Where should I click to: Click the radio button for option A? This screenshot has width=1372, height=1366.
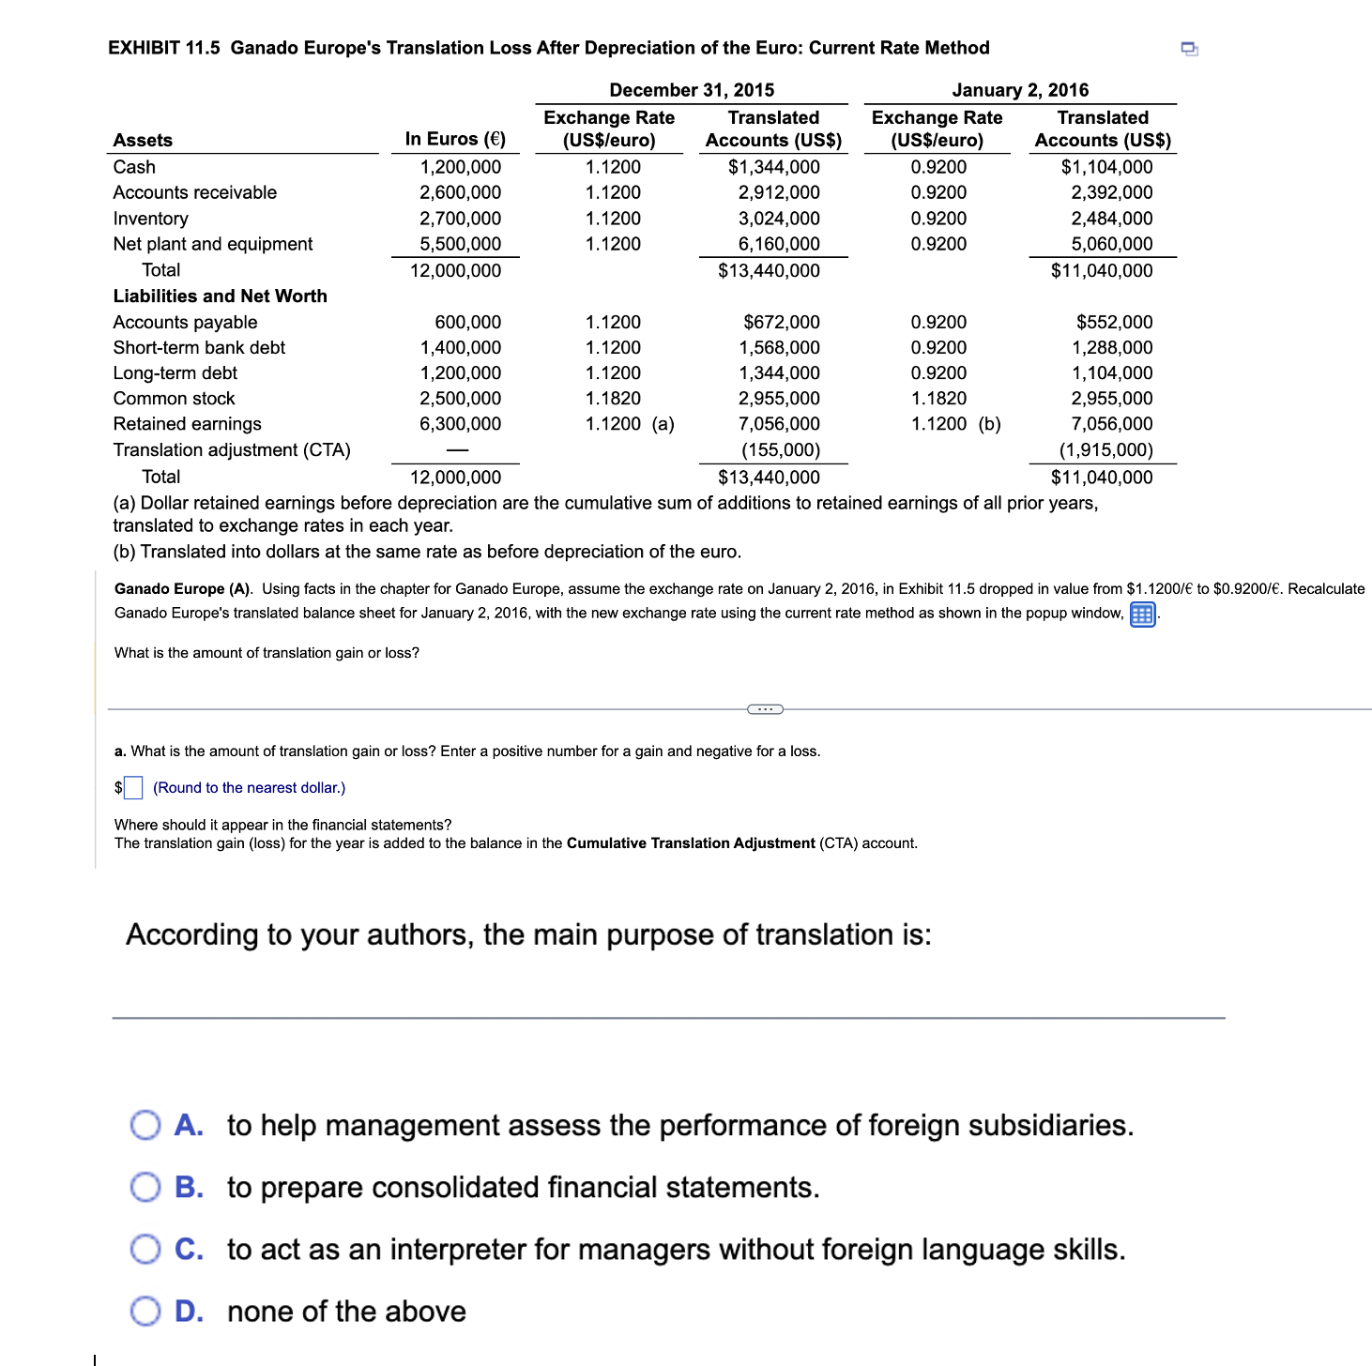(145, 1125)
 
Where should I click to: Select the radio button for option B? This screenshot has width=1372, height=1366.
(145, 1187)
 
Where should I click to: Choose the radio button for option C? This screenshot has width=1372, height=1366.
(145, 1249)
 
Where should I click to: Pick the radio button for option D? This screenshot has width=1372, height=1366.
(145, 1311)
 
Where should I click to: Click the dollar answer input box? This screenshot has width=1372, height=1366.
(133, 788)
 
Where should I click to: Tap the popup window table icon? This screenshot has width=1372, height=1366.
(1142, 615)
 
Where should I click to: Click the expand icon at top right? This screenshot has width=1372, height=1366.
(1189, 49)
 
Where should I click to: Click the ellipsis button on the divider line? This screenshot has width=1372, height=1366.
(765, 709)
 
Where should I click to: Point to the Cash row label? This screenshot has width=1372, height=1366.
(134, 167)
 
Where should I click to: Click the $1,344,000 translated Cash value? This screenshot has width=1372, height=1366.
(773, 167)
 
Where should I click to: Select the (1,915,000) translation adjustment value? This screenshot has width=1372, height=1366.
(1105, 450)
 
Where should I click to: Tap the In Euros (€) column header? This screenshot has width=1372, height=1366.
(455, 139)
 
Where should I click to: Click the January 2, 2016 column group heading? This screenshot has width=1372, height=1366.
(1020, 90)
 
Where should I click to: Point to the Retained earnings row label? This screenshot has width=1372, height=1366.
(188, 424)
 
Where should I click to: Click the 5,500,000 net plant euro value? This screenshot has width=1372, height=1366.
(460, 244)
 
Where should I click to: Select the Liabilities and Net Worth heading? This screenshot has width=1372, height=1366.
(221, 296)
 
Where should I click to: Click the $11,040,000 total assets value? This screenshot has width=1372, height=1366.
(1102, 270)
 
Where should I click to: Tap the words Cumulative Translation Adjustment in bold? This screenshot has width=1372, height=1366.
(691, 843)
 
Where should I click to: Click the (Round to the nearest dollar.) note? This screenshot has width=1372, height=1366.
(249, 788)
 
